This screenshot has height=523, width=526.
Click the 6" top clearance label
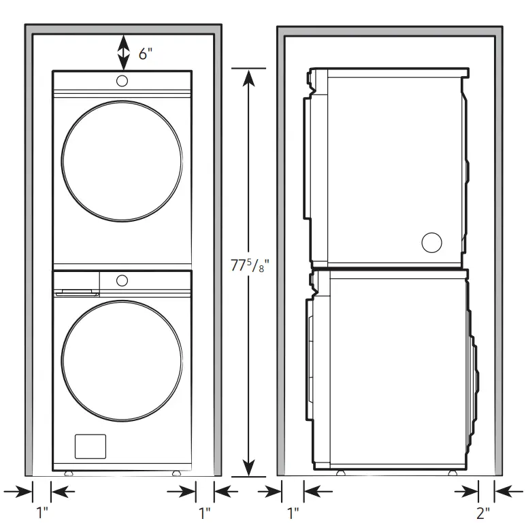(146, 54)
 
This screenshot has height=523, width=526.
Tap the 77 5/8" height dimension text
(246, 267)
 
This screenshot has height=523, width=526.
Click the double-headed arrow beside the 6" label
(122, 52)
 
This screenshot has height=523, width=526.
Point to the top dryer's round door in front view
(122, 161)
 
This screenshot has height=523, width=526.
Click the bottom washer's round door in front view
(122, 360)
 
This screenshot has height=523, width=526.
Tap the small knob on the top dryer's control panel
(122, 82)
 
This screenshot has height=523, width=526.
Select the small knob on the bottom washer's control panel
(122, 280)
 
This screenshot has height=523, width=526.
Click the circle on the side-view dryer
(431, 242)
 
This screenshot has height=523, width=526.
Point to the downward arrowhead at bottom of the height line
(249, 467)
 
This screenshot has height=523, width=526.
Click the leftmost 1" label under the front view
(42, 511)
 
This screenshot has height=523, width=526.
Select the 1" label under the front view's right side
(204, 511)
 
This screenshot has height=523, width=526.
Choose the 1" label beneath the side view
(293, 511)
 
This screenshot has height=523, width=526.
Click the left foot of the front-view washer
(67, 472)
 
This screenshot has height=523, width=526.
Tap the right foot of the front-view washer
(176, 472)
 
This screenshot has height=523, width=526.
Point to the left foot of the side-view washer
(338, 472)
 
